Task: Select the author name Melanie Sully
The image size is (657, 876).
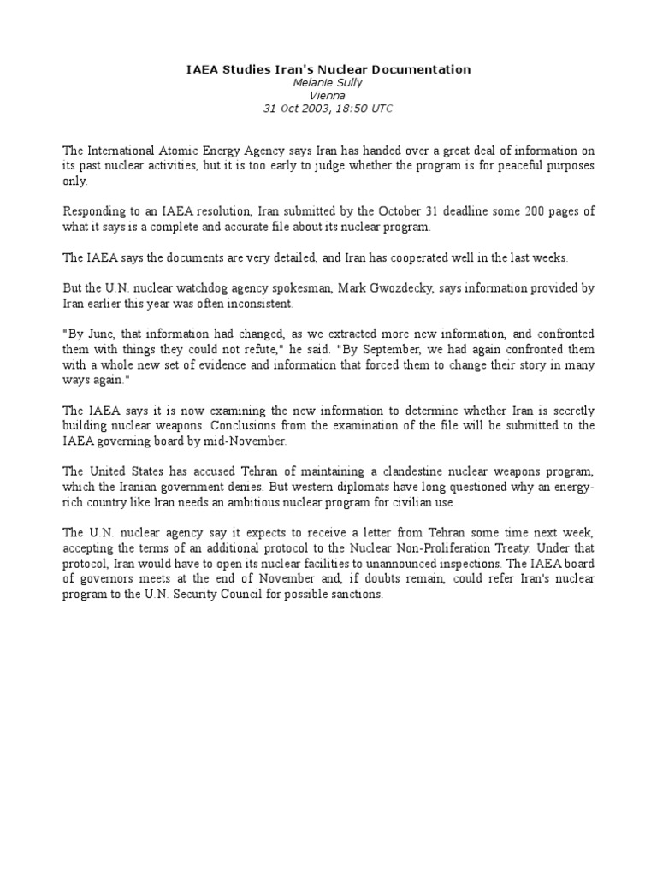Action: [x=328, y=83]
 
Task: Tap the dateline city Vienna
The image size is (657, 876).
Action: [x=328, y=96]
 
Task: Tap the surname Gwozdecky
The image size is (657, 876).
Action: [x=404, y=289]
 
